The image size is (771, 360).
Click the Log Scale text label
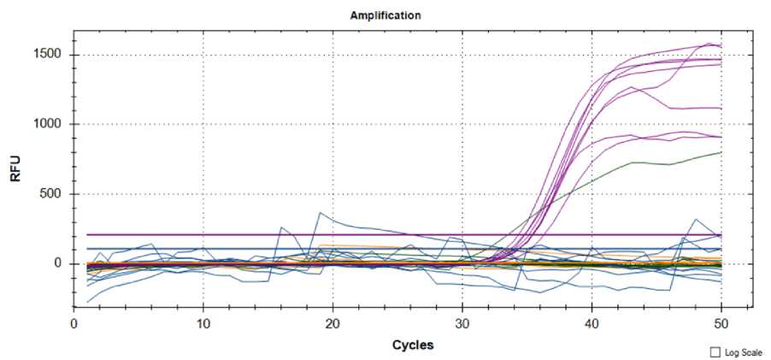pyautogui.click(x=742, y=352)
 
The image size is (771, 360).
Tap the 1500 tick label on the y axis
pyautogui.click(x=50, y=55)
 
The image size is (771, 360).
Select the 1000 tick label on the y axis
pyautogui.click(x=50, y=124)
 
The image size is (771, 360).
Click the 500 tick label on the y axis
pyautogui.click(x=54, y=194)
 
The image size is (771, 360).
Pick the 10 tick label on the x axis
pyautogui.click(x=203, y=325)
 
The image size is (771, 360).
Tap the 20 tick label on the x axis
pyautogui.click(x=333, y=325)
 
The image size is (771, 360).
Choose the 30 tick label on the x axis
pyautogui.click(x=462, y=325)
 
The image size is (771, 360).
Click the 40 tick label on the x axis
pyautogui.click(x=591, y=325)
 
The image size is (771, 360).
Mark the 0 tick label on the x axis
pyautogui.click(x=74, y=325)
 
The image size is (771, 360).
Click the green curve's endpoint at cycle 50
pyautogui.click(x=721, y=152)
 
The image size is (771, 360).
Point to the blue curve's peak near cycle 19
pyautogui.click(x=320, y=212)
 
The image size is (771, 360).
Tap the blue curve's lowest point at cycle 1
pyautogui.click(x=86, y=302)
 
